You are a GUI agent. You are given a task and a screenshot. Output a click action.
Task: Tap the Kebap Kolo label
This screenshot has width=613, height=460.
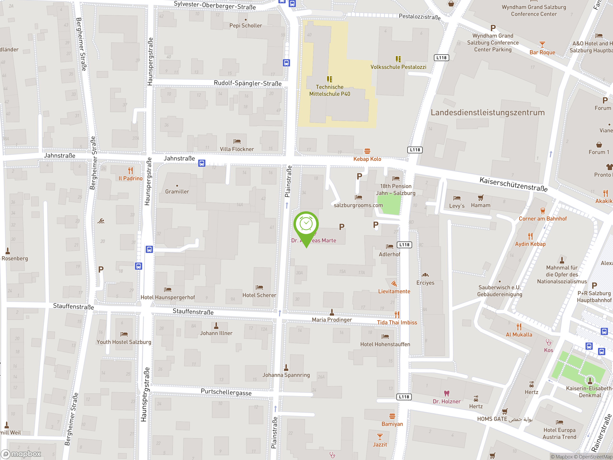click(367, 159)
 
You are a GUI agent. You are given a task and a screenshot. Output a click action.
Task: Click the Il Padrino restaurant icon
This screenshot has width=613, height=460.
click(131, 170)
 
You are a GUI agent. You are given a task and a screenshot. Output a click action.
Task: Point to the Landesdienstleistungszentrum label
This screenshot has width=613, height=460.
click(488, 113)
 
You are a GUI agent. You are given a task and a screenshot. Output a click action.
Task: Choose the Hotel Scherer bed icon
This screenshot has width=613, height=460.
click(259, 287)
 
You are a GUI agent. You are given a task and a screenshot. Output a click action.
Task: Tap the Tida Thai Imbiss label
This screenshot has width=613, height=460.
click(397, 322)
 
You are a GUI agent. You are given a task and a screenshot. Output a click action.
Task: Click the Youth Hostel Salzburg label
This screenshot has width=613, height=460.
click(124, 342)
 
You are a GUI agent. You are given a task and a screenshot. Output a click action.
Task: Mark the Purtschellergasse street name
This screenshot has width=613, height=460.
click(226, 392)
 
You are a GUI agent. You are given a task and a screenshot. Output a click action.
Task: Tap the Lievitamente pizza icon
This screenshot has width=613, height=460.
click(394, 284)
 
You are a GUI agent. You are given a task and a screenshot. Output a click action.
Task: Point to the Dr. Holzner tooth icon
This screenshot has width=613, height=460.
click(446, 393)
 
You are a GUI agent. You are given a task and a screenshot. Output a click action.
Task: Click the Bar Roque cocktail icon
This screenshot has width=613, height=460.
click(542, 44)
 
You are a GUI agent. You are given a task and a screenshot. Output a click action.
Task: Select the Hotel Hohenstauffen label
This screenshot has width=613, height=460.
click(385, 344)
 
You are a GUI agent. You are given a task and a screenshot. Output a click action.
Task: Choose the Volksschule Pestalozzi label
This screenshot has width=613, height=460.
click(398, 67)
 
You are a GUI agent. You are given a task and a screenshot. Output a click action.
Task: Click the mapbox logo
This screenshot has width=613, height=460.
click(21, 454)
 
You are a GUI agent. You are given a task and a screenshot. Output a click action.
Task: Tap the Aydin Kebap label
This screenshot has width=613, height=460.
click(530, 244)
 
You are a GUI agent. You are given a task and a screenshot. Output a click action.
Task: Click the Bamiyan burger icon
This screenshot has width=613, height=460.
click(392, 416)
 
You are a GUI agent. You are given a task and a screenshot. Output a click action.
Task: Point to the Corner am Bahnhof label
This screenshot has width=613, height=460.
click(543, 218)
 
